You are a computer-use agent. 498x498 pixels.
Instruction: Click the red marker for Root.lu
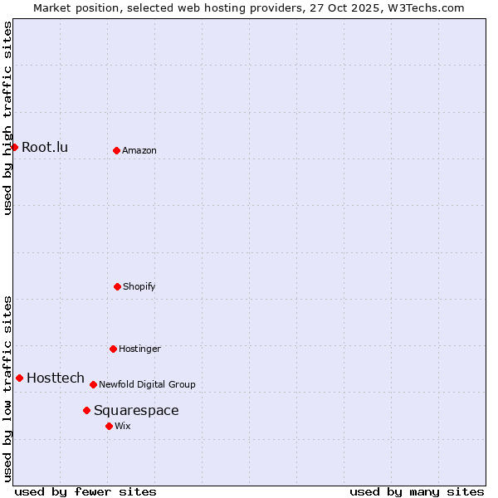pyautogui.click(x=14, y=147)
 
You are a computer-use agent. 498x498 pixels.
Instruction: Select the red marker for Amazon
pyautogui.click(x=116, y=150)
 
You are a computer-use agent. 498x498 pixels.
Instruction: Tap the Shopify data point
pyautogui.click(x=117, y=286)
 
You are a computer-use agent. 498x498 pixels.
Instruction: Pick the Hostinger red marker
pyautogui.click(x=113, y=349)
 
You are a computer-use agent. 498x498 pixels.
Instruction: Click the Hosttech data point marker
pyautogui.click(x=19, y=378)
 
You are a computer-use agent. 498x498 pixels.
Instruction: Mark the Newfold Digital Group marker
pyautogui.click(x=93, y=384)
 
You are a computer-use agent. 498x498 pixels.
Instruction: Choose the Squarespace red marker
pyautogui.click(x=86, y=410)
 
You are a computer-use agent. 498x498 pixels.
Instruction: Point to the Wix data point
pyautogui.click(x=109, y=426)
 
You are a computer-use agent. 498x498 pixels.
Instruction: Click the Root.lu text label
pyautogui.click(x=45, y=148)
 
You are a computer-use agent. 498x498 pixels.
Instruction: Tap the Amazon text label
pyautogui.click(x=139, y=151)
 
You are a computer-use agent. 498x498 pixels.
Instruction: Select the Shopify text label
pyautogui.click(x=139, y=287)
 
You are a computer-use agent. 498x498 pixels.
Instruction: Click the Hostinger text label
pyautogui.click(x=139, y=349)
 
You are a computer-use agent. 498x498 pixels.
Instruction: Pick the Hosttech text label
pyautogui.click(x=56, y=378)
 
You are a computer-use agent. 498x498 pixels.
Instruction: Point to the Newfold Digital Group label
pyautogui.click(x=147, y=385)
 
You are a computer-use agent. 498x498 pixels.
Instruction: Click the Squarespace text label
pyautogui.click(x=136, y=411)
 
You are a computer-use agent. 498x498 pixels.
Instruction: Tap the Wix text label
pyautogui.click(x=123, y=427)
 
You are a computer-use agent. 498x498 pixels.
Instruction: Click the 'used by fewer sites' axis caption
pyautogui.click(x=85, y=491)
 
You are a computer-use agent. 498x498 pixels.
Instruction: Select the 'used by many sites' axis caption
pyautogui.click(x=417, y=491)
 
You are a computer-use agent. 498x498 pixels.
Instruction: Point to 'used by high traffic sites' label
pyautogui.click(x=7, y=118)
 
